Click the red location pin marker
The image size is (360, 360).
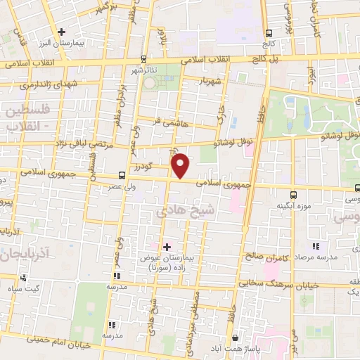(181, 165)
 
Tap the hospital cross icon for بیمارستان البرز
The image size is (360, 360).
(62, 31)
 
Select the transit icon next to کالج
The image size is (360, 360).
(269, 32)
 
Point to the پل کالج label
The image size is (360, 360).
(288, 58)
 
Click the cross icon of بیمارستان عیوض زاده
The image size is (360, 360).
(167, 247)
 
